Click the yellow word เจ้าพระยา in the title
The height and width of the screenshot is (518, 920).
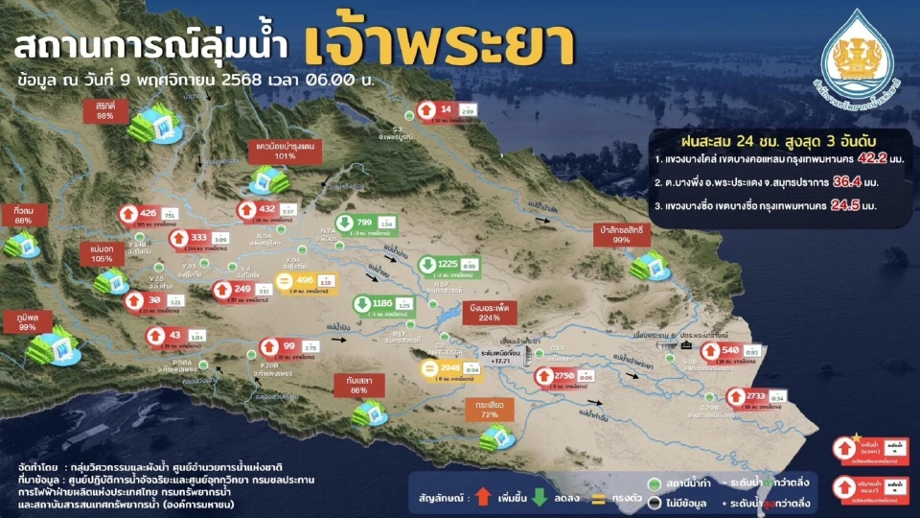tap(441, 42)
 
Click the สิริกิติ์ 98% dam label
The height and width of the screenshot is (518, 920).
tap(105, 108)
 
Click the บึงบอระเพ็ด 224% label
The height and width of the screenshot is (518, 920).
tap(490, 311)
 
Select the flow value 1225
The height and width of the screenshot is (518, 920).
tap(448, 263)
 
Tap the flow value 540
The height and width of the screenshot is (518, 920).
tap(729, 350)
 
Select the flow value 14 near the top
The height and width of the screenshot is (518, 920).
tap(446, 109)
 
